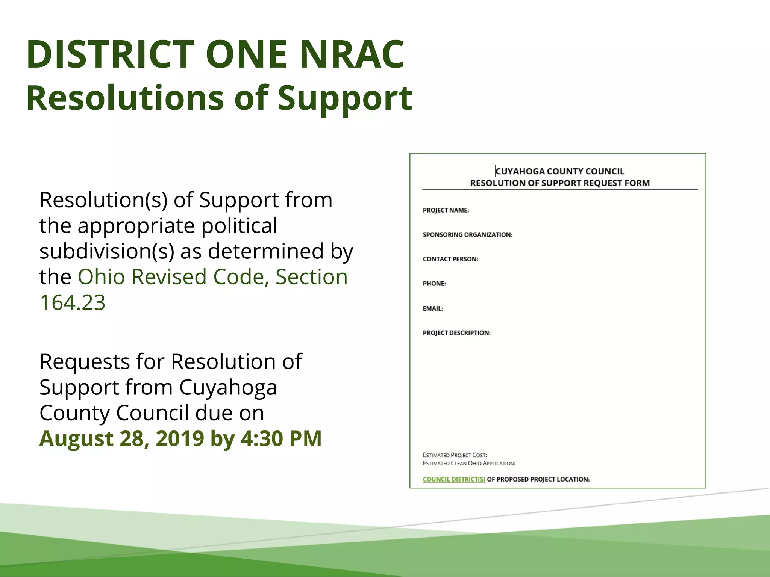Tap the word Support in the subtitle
[345, 98]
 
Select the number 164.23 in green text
[73, 302]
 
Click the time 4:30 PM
[281, 438]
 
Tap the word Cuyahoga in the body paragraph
[228, 387]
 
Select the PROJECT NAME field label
[446, 210]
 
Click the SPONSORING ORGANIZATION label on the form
[467, 235]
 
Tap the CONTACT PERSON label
[450, 259]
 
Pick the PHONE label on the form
[434, 284]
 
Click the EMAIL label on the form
[433, 308]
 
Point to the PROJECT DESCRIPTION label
[456, 333]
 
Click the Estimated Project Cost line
[455, 455]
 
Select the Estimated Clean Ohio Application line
[469, 463]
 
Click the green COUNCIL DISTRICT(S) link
[454, 479]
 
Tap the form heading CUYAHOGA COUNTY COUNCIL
[560, 171]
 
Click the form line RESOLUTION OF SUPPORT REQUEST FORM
[560, 183]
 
